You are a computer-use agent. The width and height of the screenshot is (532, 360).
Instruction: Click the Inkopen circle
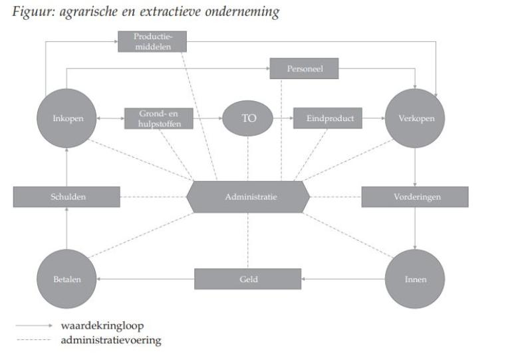[66, 118]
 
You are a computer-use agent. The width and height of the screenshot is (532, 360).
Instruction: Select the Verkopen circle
[415, 118]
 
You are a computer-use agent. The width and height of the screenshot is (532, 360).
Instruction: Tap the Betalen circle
[66, 279]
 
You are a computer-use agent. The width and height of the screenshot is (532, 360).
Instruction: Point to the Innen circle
[415, 279]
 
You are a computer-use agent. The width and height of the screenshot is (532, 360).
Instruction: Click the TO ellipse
[247, 118]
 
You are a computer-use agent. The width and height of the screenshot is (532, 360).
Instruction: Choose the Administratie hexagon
[247, 197]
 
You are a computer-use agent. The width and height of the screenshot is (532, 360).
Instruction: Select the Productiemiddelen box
[152, 41]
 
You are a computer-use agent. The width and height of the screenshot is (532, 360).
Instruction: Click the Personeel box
[304, 69]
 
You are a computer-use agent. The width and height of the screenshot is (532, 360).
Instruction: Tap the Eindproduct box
[327, 118]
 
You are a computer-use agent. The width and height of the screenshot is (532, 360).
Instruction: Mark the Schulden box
[66, 197]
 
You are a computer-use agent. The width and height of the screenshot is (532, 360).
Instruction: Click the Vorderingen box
[415, 197]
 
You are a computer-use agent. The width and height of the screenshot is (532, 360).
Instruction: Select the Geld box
[247, 279]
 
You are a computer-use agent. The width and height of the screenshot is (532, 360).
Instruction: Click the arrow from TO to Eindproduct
[282, 118]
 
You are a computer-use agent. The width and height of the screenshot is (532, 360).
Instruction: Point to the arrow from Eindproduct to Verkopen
[373, 118]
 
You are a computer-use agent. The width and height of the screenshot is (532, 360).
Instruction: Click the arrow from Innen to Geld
[343, 279]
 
